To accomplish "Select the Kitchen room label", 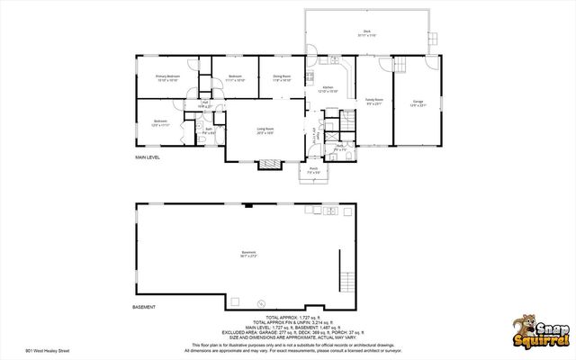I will [x=328, y=89].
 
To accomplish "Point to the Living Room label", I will [x=265, y=131].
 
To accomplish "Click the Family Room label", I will [x=373, y=102].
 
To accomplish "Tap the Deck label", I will [x=366, y=34].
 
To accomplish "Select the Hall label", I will [x=206, y=105].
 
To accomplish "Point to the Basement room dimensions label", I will [x=248, y=255].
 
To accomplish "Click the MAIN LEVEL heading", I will [x=148, y=157].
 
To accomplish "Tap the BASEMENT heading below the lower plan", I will [x=145, y=307].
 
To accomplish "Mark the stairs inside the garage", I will [x=402, y=65].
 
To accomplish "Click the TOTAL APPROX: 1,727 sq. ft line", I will [x=287, y=318].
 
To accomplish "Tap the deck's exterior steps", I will [x=436, y=39].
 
